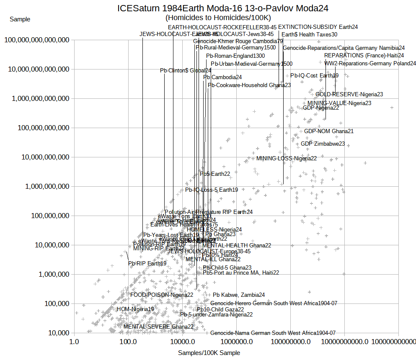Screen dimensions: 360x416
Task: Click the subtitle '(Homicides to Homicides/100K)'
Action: pyautogui.click(x=218, y=18)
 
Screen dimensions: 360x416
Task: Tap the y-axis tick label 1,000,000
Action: pyautogui.click(x=47, y=275)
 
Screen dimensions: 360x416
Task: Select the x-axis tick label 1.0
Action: pyautogui.click(x=74, y=342)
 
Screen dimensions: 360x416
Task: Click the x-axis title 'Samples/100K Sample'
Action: pyautogui.click(x=209, y=353)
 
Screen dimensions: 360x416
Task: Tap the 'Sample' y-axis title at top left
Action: pyautogui.click(x=20, y=19)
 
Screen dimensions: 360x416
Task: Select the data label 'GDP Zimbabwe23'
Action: pyautogui.click(x=323, y=144)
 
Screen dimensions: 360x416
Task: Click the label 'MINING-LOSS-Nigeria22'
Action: pyautogui.click(x=287, y=158)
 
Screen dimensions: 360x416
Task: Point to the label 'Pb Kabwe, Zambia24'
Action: pyautogui.click(x=239, y=295)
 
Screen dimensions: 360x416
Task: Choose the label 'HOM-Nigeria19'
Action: pyautogui.click(x=135, y=309)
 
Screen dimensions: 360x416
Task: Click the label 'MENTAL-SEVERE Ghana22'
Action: pyautogui.click(x=158, y=327)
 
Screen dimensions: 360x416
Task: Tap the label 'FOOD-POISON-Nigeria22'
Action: pyautogui.click(x=162, y=295)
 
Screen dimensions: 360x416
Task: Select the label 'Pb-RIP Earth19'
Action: pyautogui.click(x=147, y=264)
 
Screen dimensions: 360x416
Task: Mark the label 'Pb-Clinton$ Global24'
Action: pyautogui.click(x=186, y=70)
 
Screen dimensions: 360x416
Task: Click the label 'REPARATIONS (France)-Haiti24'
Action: pyautogui.click(x=364, y=55)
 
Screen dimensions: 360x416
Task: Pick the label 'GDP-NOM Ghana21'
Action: pyautogui.click(x=328, y=131)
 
